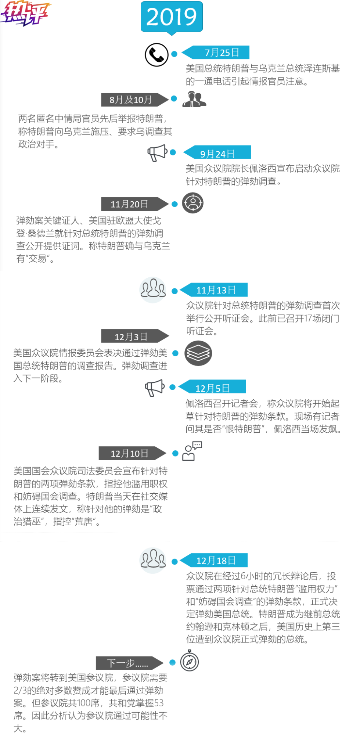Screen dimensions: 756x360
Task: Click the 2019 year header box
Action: (x=172, y=17)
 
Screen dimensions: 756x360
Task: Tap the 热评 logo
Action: (x=25, y=14)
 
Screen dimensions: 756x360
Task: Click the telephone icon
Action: (x=156, y=55)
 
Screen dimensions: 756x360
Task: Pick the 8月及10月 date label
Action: (x=131, y=100)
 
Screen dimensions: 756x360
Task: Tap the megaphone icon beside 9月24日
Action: (x=157, y=152)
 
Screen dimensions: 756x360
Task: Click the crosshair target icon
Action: (x=193, y=203)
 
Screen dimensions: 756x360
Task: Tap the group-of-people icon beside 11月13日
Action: (x=153, y=289)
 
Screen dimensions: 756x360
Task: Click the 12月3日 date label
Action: (x=132, y=336)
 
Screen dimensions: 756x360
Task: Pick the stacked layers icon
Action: (x=198, y=353)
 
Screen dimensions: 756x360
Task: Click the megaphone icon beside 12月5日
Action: (x=155, y=388)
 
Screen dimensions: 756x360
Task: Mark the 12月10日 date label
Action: (x=130, y=453)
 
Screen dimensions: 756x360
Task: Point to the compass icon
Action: (x=190, y=661)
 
